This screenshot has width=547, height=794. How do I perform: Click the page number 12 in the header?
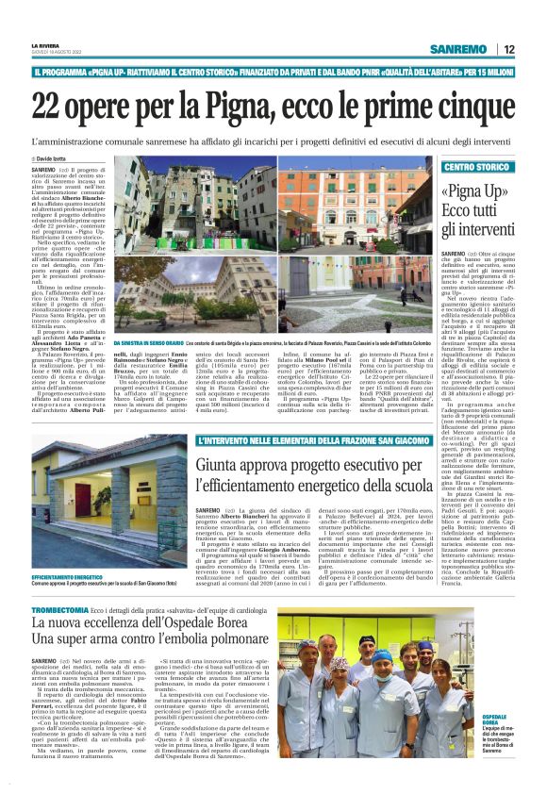pyautogui.click(x=509, y=49)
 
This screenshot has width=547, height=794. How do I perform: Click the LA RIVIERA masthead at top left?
pyautogui.click(x=45, y=44)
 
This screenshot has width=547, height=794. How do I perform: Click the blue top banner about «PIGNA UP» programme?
pyautogui.click(x=273, y=73)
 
